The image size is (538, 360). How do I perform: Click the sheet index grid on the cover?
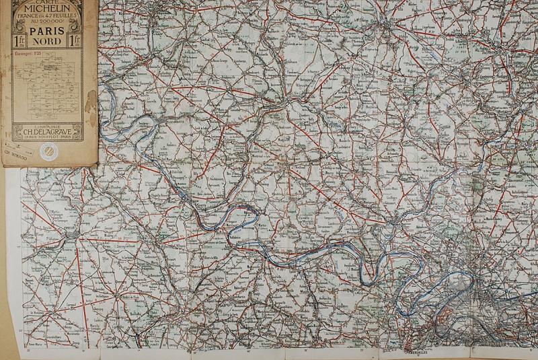tap(47, 84)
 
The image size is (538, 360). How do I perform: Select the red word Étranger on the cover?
tap(24, 52)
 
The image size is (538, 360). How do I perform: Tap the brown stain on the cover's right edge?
tap(90, 101)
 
